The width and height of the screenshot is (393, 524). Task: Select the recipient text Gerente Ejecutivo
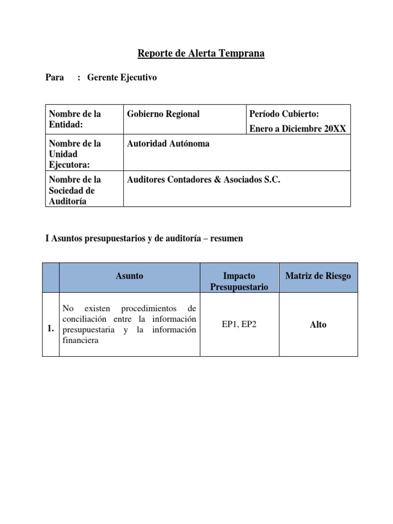pyautogui.click(x=122, y=78)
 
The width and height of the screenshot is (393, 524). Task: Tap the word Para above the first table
pyautogui.click(x=55, y=78)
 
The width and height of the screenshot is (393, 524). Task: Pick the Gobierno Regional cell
pyautogui.click(x=163, y=114)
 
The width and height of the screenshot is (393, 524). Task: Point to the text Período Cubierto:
pyautogui.click(x=284, y=114)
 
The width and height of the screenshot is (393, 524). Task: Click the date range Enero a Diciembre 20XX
pyautogui.click(x=297, y=129)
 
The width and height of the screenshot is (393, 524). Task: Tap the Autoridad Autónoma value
pyautogui.click(x=168, y=144)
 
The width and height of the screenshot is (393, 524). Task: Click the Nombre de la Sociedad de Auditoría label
pyautogui.click(x=74, y=190)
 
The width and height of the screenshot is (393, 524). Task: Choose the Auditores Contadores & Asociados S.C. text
pyautogui.click(x=203, y=180)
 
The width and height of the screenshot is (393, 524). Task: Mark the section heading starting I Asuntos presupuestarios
pyautogui.click(x=144, y=239)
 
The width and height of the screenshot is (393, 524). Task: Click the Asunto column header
pyautogui.click(x=129, y=276)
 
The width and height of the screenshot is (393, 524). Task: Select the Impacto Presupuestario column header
pyautogui.click(x=239, y=281)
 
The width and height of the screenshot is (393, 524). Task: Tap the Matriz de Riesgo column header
pyautogui.click(x=318, y=276)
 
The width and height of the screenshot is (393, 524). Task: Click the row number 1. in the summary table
pyautogui.click(x=51, y=330)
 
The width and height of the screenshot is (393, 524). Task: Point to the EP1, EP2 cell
pyautogui.click(x=239, y=324)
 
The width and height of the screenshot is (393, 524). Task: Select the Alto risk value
pyautogui.click(x=318, y=324)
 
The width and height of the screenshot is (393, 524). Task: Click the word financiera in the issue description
pyautogui.click(x=80, y=340)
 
